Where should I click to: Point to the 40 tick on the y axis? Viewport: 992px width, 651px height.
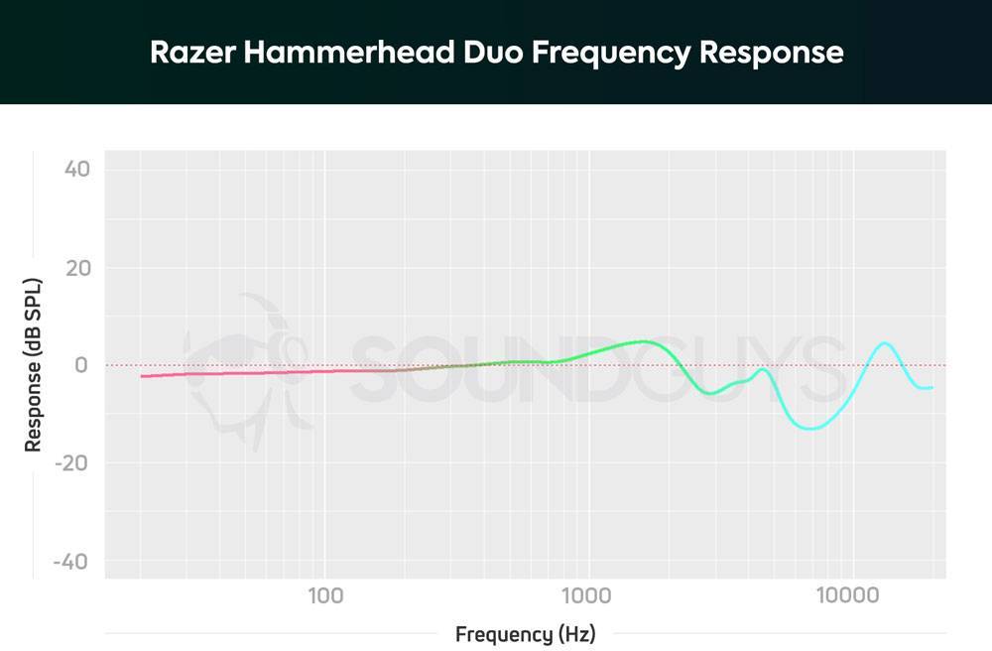click(x=76, y=170)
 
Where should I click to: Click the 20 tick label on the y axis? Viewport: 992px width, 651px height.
click(x=76, y=268)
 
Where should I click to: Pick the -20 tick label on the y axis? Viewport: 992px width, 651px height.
click(x=72, y=463)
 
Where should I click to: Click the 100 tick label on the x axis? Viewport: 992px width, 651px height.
click(x=324, y=596)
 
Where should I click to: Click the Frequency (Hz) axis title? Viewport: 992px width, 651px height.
click(x=526, y=634)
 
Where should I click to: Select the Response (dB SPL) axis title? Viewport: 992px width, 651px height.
click(x=34, y=365)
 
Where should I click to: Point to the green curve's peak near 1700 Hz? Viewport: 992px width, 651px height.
click(x=646, y=341)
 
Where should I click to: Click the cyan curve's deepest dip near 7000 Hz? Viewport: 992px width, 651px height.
click(x=811, y=429)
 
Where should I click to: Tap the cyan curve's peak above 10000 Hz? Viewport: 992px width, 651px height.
click(x=884, y=343)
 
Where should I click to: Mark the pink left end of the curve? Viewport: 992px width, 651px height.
click(x=142, y=376)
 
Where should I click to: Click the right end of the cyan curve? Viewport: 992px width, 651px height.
click(x=931, y=387)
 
